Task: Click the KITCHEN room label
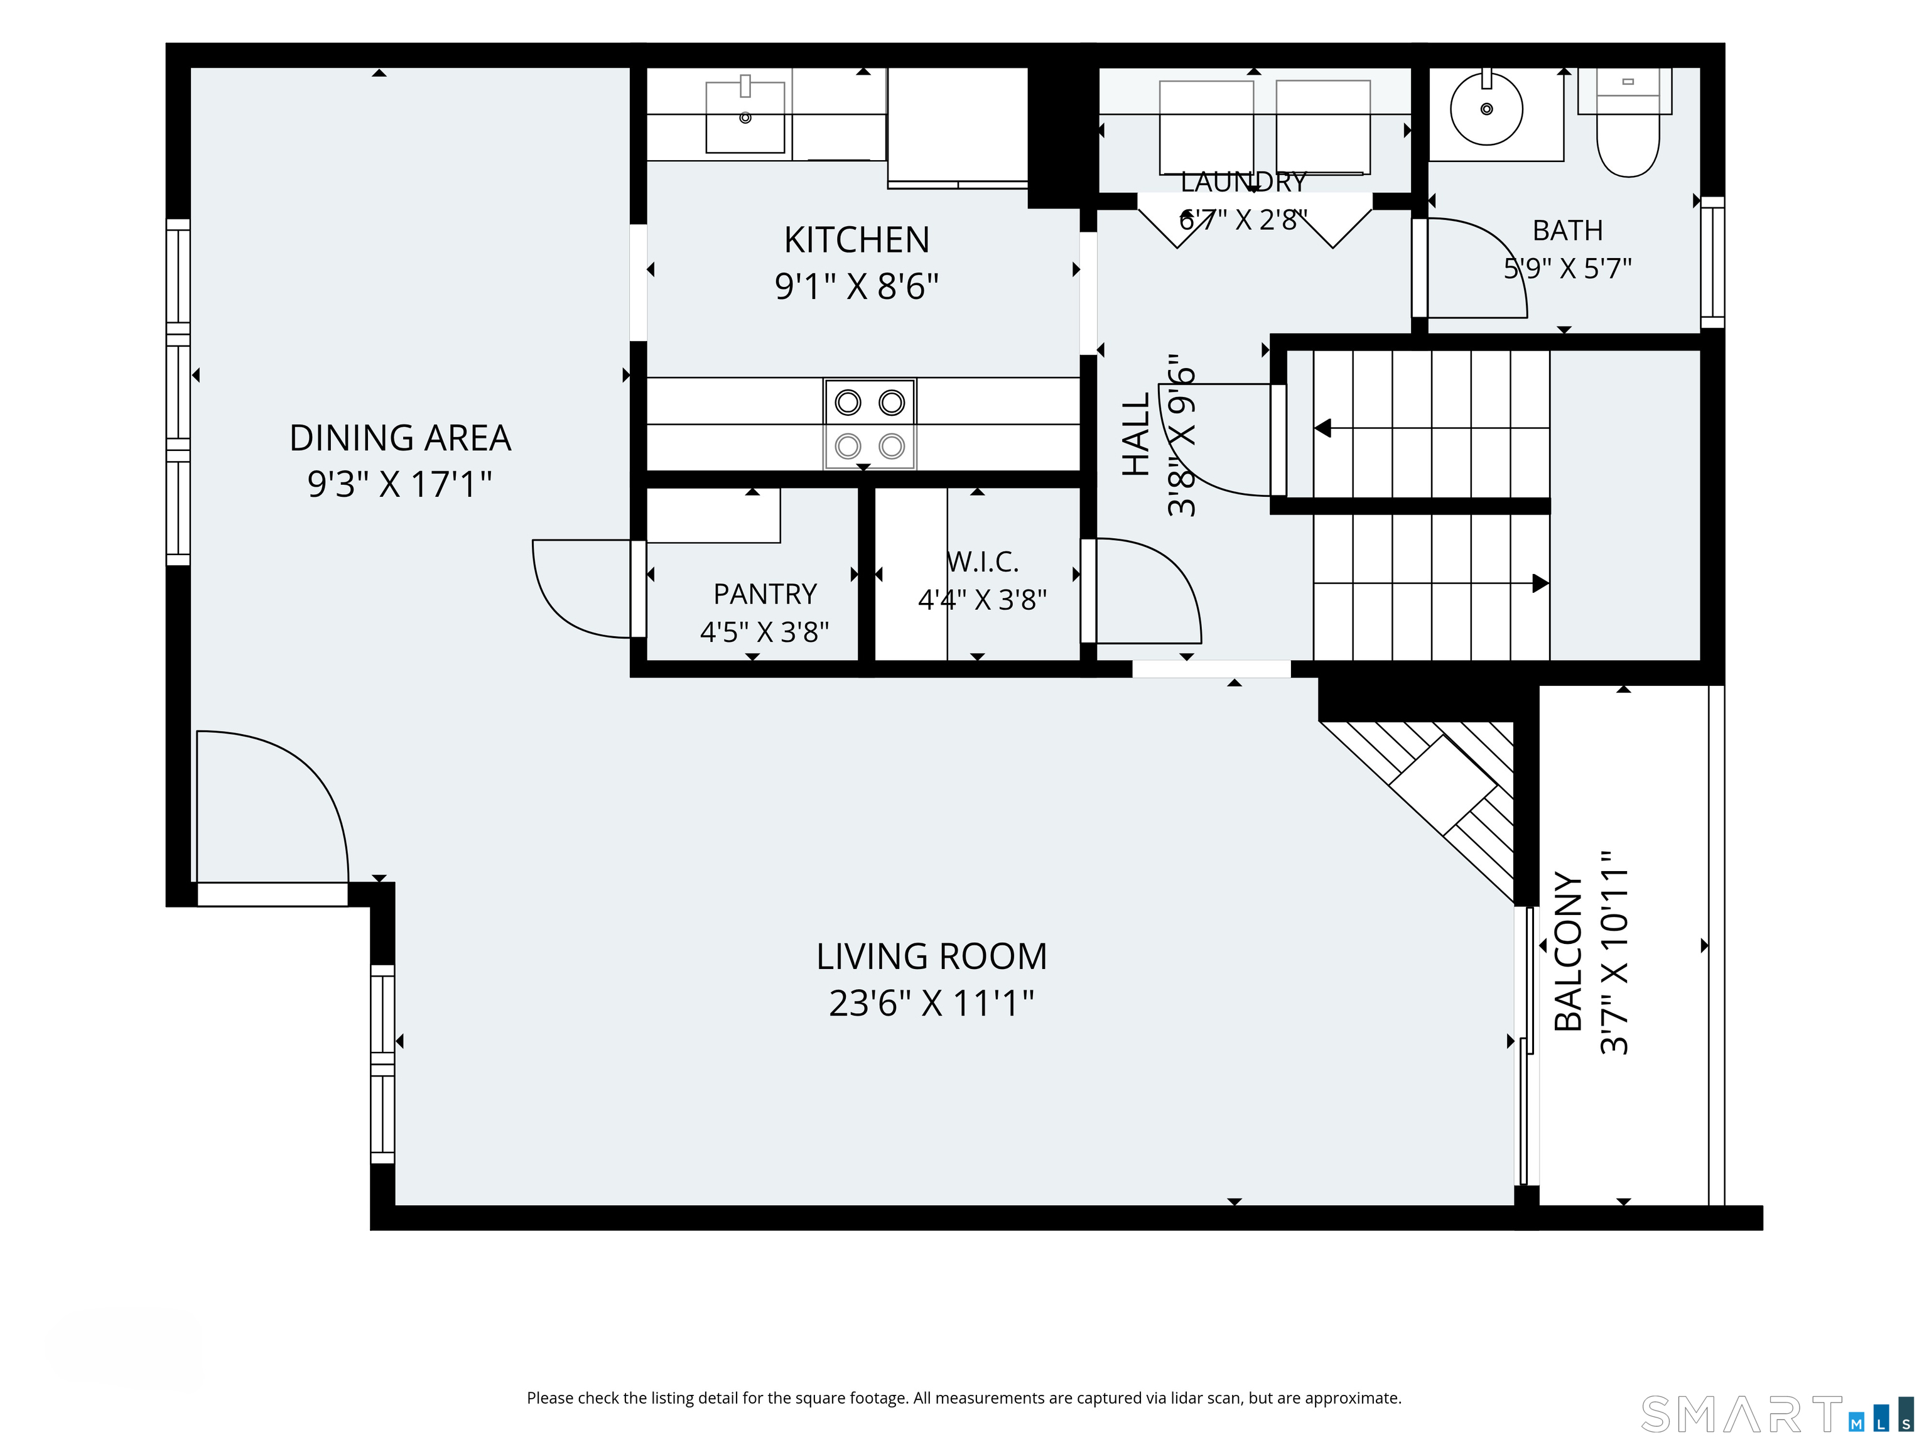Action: point(856,240)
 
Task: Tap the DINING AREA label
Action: point(400,438)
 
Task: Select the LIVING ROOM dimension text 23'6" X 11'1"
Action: point(931,1003)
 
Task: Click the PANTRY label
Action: point(765,594)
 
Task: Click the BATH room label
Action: point(1568,230)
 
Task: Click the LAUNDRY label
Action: point(1243,182)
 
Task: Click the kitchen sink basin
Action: point(745,117)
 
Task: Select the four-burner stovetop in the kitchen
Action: point(870,424)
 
